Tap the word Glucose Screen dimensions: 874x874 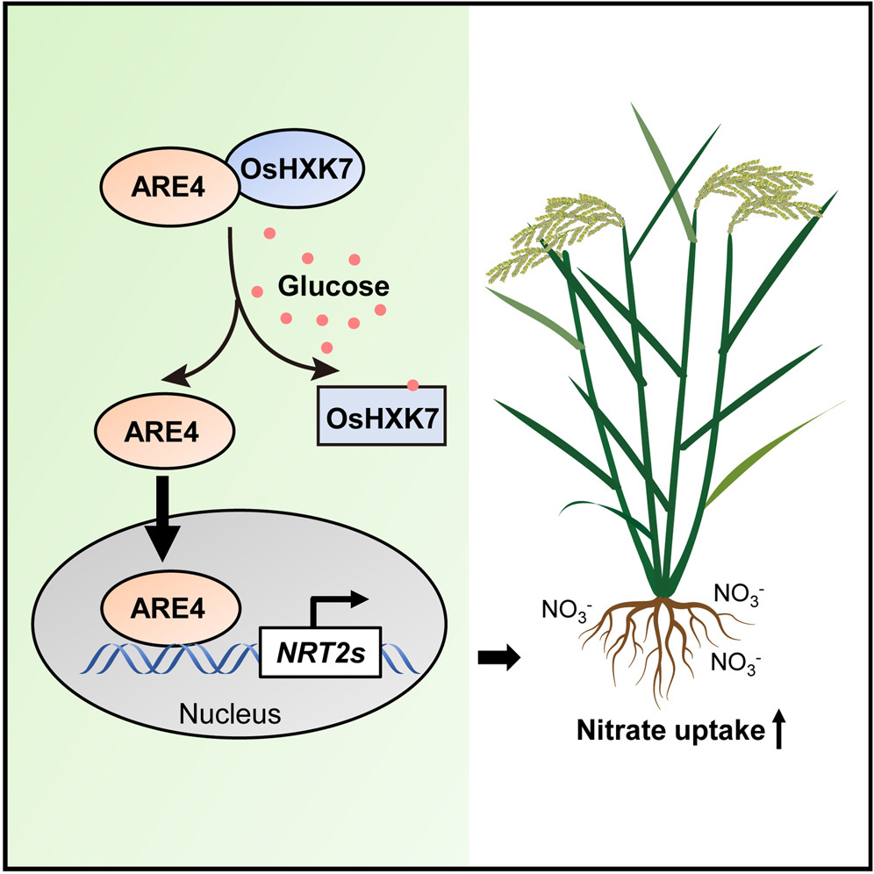tap(333, 286)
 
